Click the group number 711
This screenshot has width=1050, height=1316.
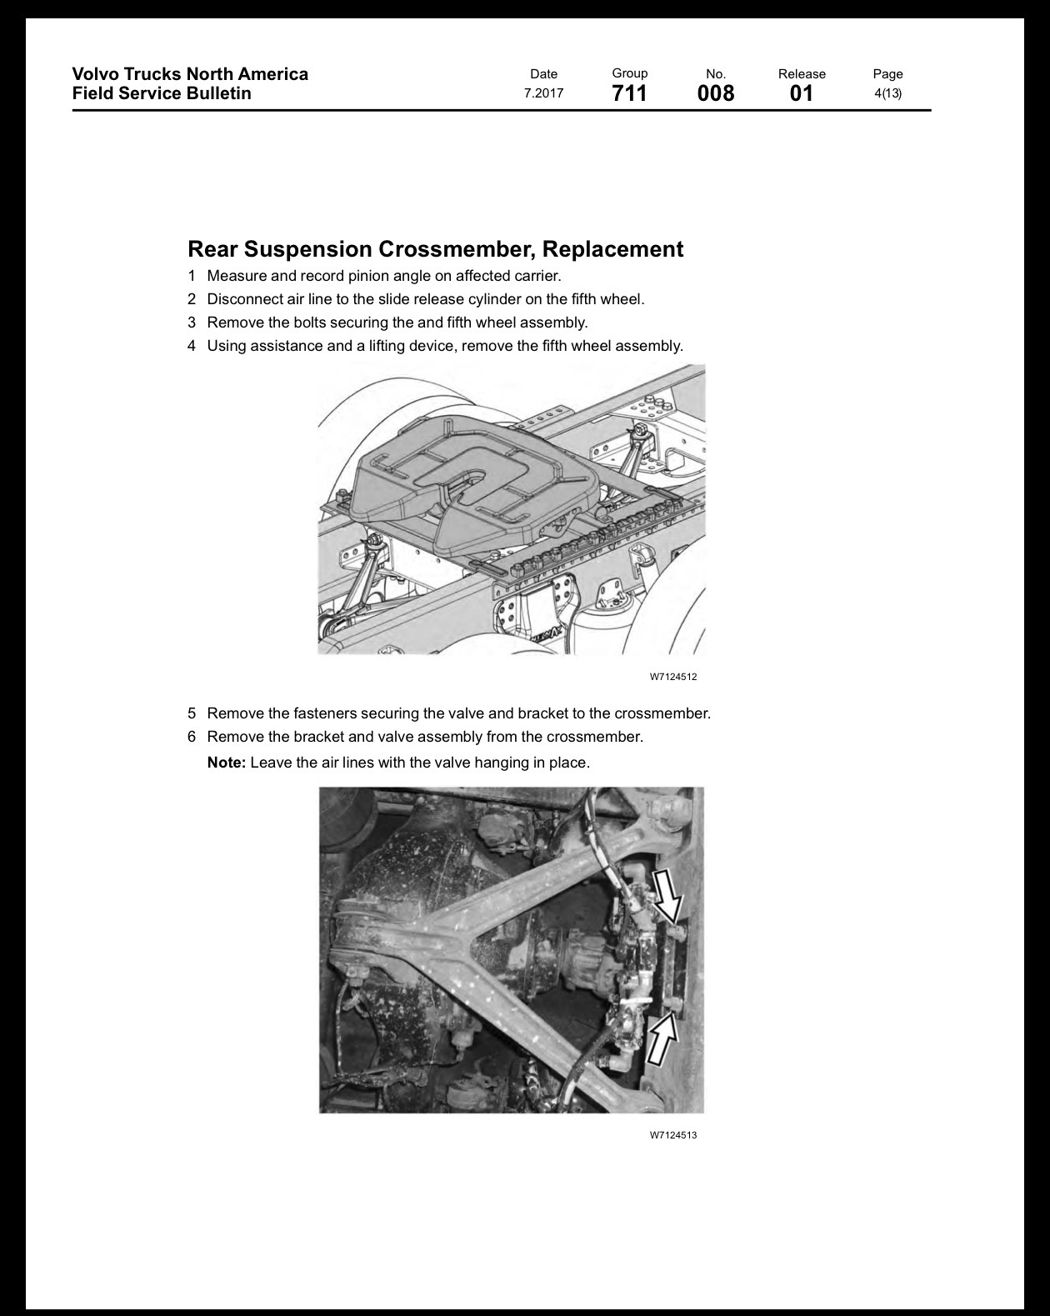[x=629, y=93]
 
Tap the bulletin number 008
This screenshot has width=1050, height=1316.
[x=716, y=93]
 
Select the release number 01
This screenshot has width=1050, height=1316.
[x=801, y=93]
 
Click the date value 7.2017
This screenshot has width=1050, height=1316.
[x=543, y=93]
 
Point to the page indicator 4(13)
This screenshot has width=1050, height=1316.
[x=888, y=93]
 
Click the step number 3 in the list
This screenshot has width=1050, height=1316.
[x=192, y=323]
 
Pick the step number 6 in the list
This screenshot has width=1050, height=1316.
[x=192, y=737]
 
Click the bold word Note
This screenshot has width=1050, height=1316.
[x=227, y=763]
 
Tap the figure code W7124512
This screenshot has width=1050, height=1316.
[x=673, y=677]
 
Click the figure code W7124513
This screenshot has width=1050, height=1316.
[x=673, y=1135]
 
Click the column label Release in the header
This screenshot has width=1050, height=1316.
[x=802, y=74]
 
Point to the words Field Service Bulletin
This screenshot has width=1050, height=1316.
[x=162, y=93]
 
